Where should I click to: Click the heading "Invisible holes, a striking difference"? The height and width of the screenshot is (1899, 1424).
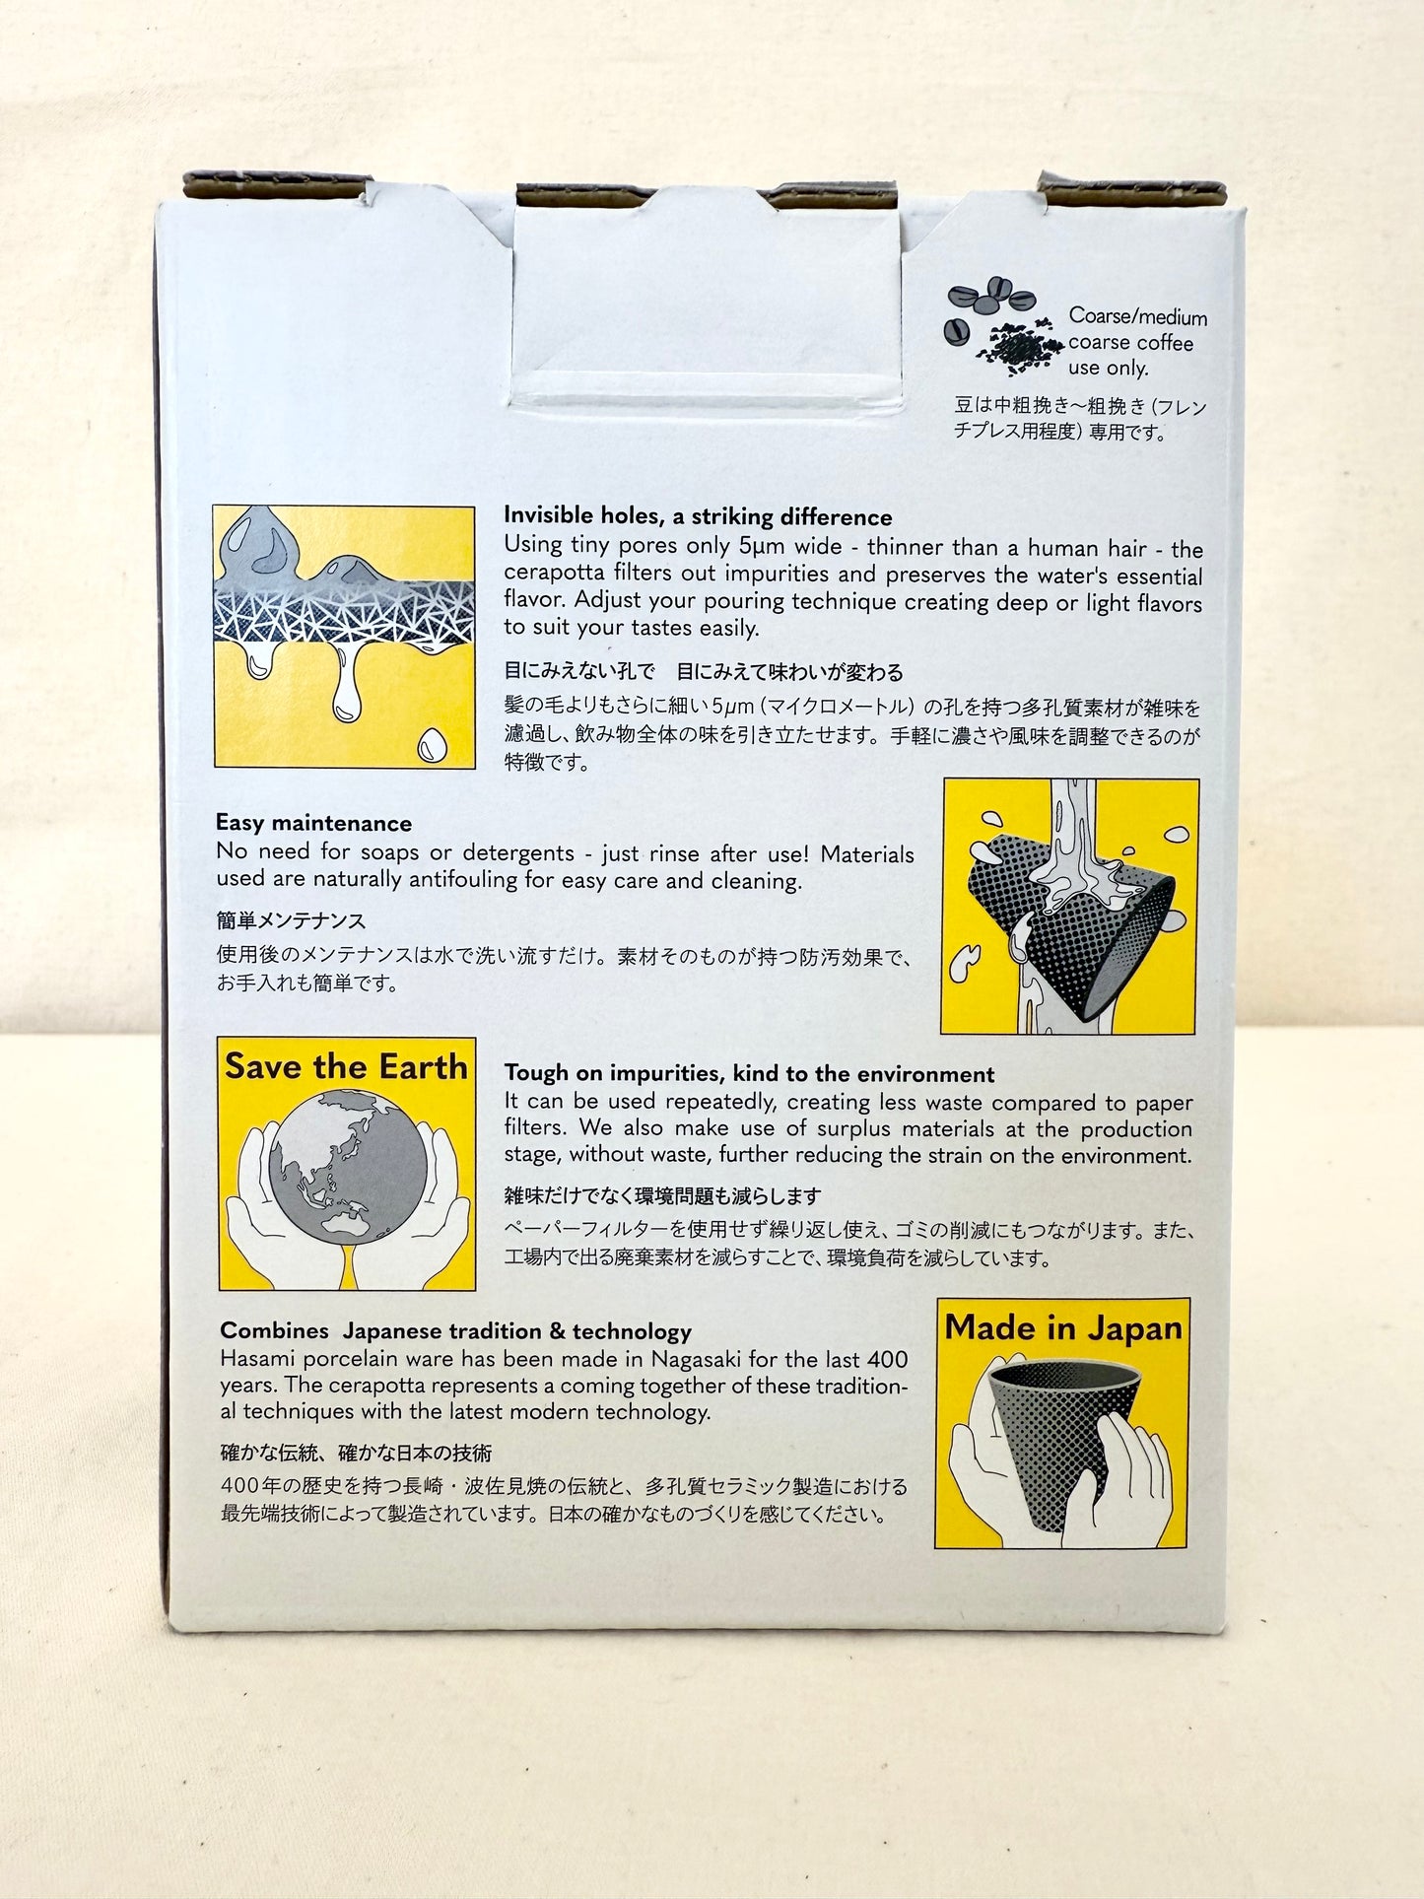tap(698, 516)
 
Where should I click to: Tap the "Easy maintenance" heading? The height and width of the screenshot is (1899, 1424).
tap(313, 824)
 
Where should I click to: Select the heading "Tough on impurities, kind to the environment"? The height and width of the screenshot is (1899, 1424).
tap(749, 1074)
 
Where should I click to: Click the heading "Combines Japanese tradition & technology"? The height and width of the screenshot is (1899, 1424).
tap(455, 1331)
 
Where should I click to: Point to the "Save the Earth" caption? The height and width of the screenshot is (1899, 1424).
tap(346, 1066)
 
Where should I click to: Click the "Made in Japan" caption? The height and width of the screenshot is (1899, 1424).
tap(1063, 1327)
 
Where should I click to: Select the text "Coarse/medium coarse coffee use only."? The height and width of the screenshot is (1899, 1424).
tap(1137, 342)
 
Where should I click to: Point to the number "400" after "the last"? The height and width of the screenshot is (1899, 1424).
tap(887, 1359)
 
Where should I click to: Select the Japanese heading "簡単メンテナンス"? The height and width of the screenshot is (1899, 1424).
tap(291, 920)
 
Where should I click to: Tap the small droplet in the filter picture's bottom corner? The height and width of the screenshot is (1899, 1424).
tap(432, 745)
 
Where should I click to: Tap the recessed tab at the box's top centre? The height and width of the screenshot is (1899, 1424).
tap(708, 296)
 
